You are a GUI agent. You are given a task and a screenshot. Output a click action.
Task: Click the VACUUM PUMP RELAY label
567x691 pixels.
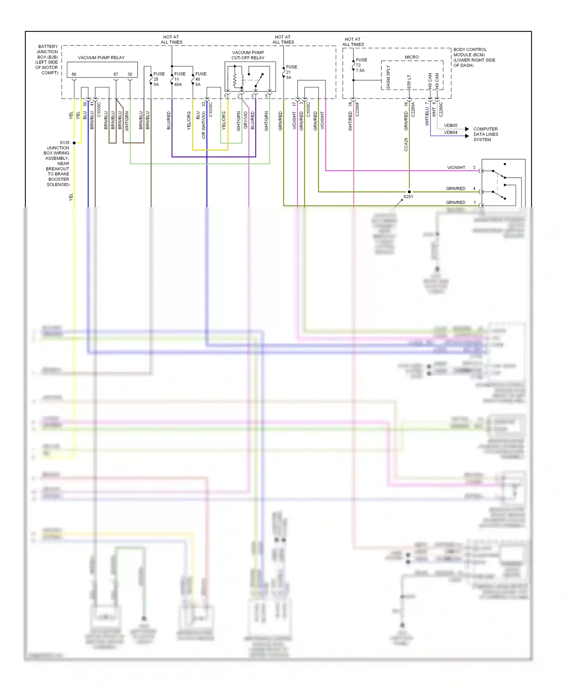[101, 58]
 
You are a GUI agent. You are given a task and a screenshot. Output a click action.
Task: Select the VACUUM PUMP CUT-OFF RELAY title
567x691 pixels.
[248, 55]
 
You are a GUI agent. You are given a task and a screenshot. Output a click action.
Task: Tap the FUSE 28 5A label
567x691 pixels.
[159, 79]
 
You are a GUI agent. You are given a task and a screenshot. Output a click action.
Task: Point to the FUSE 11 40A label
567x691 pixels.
[180, 79]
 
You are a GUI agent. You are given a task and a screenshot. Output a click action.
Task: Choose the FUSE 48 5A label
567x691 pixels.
[200, 79]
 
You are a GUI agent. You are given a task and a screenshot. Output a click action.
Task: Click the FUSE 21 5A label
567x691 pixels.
[291, 72]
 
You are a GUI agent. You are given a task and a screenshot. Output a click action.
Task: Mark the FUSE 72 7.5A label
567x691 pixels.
[361, 65]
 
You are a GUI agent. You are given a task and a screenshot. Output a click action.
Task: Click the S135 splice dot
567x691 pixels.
[74, 143]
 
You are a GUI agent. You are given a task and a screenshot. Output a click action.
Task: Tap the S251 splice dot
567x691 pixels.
[409, 192]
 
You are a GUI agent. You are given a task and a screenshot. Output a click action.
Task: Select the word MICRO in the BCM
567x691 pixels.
[412, 57]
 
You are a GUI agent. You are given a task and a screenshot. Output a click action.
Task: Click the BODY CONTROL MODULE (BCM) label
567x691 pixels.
[474, 57]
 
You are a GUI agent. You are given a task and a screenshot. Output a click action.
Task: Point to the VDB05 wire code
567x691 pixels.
[451, 125]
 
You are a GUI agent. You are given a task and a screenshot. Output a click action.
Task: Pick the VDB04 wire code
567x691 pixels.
[451, 133]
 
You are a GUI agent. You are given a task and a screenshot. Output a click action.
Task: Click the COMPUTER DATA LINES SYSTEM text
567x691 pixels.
[485, 134]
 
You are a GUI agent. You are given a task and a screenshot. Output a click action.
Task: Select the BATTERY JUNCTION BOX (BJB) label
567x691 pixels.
[47, 60]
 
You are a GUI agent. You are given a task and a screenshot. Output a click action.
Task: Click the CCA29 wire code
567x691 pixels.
[406, 144]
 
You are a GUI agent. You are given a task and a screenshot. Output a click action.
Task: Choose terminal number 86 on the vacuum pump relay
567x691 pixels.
[74, 74]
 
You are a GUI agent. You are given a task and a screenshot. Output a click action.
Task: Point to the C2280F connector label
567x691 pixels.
[357, 109]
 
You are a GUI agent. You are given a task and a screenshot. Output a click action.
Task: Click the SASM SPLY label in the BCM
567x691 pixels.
[388, 77]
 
